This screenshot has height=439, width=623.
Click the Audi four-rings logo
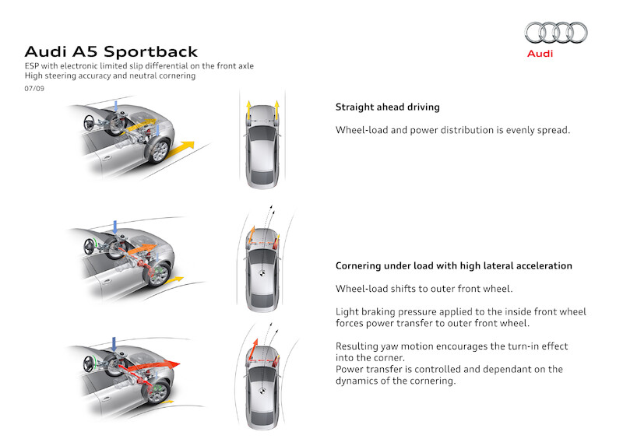556,32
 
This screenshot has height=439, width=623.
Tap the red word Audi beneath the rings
540,54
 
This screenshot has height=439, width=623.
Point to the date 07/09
33,89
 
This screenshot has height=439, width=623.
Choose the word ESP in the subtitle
32,67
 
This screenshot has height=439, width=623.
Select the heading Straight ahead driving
387,107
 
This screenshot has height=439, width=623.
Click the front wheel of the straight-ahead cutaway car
160,150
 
